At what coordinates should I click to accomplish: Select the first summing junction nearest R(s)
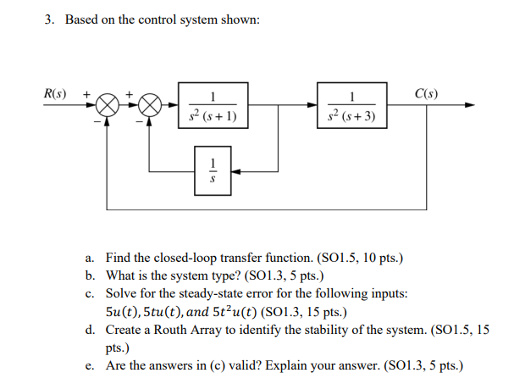107,106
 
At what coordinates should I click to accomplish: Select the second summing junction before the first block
149,106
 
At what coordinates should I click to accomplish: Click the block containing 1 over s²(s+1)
213,106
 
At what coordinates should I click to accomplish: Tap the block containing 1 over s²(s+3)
352,106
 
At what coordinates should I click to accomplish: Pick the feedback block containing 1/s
213,170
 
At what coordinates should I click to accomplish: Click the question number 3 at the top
50,19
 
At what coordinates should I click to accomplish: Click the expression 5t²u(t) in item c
213,311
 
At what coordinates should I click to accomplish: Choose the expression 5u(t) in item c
122,311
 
